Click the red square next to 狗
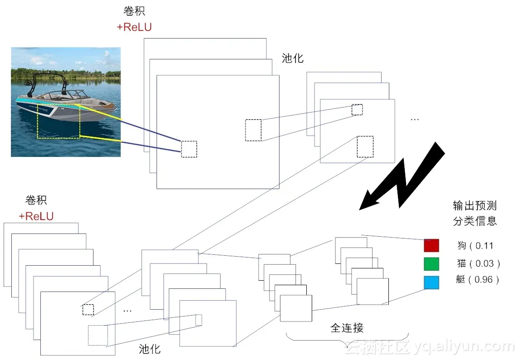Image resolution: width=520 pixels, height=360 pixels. (431, 245)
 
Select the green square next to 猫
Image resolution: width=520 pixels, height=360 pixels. (431, 264)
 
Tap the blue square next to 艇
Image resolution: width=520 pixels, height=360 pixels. (431, 282)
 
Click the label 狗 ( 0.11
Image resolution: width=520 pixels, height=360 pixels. (475, 246)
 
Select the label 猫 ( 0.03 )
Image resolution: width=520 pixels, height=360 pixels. (478, 263)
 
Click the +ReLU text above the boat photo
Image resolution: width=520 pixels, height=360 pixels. (134, 27)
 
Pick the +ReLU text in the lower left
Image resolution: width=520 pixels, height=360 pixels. (36, 216)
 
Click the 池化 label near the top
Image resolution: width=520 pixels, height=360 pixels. (293, 58)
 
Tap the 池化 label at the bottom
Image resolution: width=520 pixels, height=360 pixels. (150, 349)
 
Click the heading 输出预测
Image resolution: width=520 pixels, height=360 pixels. (475, 205)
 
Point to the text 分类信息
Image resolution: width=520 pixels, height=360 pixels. (475, 221)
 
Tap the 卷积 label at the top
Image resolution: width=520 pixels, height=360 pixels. (134, 11)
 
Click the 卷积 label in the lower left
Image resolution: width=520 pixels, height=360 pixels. (36, 200)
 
